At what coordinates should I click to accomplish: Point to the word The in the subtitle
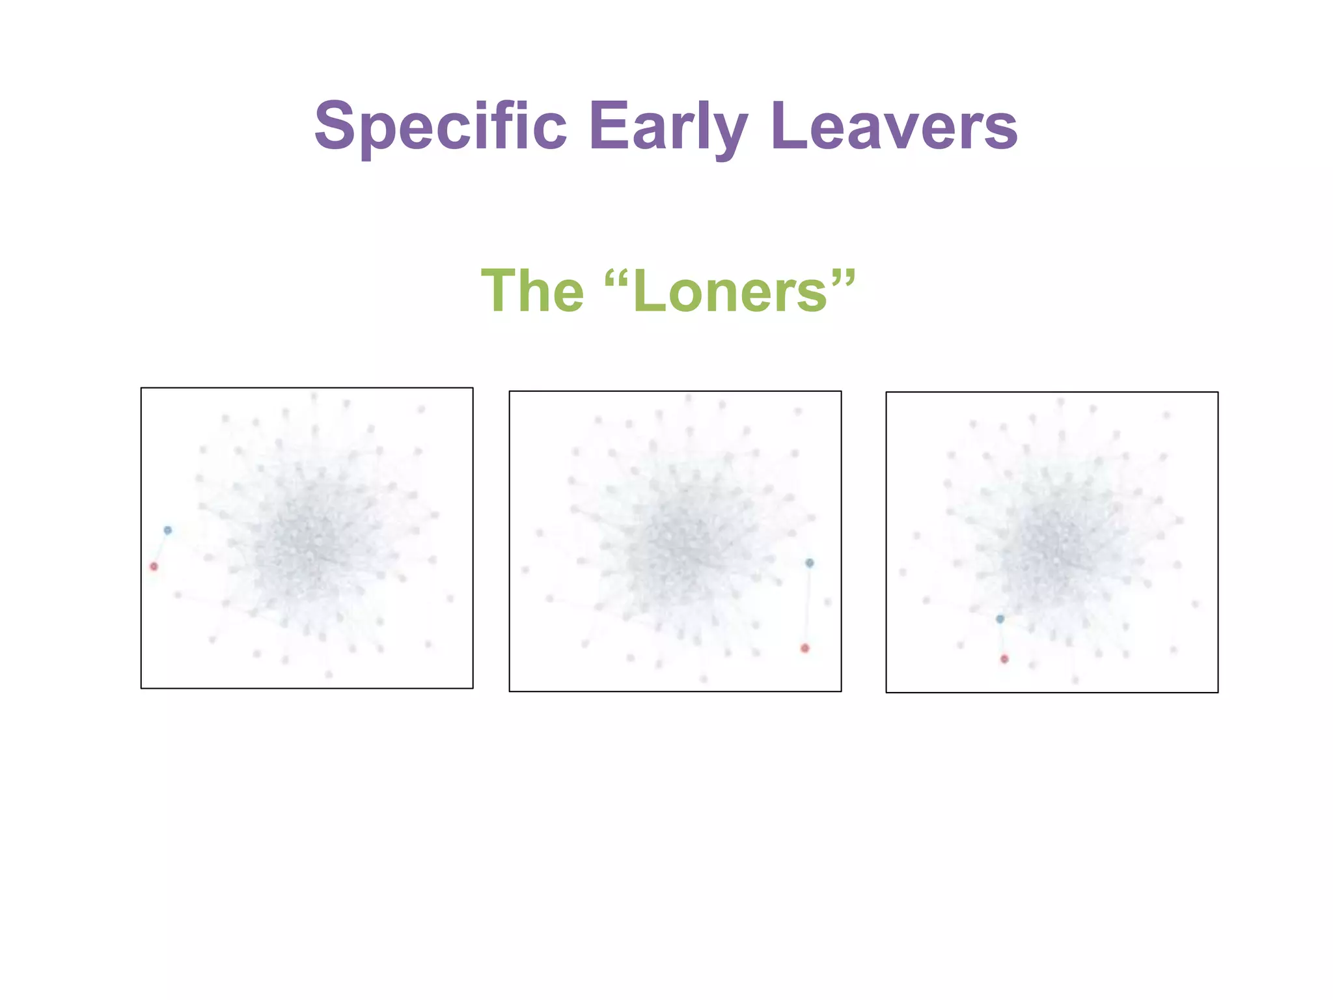[532, 291]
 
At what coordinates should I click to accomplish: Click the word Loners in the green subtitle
[730, 291]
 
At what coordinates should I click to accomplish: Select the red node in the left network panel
[154, 566]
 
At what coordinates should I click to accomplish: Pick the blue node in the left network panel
[168, 530]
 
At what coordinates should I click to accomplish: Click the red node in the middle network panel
[805, 648]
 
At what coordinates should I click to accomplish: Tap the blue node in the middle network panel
[809, 562]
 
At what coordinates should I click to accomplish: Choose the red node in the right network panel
[1004, 659]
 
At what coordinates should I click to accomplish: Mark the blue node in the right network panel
[1000, 618]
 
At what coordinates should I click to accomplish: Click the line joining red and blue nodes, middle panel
[807, 605]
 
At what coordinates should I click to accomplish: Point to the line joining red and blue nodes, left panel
[161, 548]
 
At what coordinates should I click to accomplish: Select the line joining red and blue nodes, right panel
[1002, 639]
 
